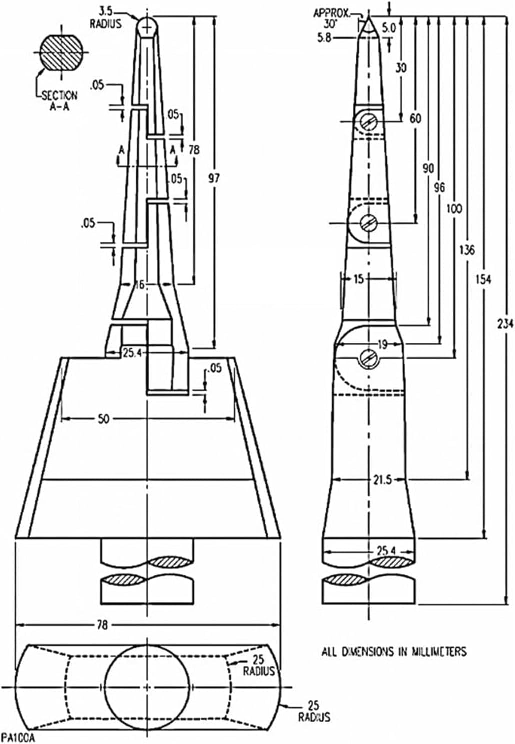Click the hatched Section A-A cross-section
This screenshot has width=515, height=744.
(x=61, y=52)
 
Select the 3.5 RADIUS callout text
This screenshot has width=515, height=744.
(x=106, y=18)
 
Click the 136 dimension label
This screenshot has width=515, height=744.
(x=467, y=250)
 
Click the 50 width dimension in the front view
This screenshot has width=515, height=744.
(x=103, y=419)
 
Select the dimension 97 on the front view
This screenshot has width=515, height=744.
(x=214, y=178)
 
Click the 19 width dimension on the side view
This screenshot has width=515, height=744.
(x=383, y=345)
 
